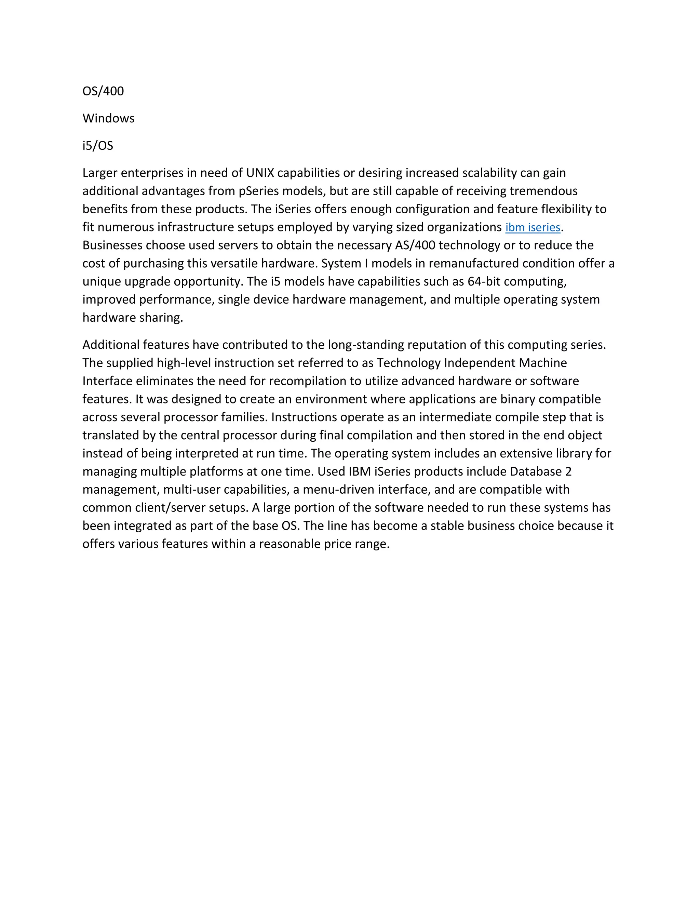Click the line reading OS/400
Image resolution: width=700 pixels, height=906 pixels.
[x=103, y=91]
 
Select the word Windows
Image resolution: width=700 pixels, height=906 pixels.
[x=108, y=119]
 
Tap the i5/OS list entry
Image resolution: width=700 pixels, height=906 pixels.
[x=97, y=146]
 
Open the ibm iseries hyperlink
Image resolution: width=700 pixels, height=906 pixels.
[x=533, y=228]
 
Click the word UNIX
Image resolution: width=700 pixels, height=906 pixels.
[x=260, y=173]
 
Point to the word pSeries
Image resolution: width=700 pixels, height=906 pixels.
[x=259, y=191]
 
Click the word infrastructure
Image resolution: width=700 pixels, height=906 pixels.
[x=195, y=227]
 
